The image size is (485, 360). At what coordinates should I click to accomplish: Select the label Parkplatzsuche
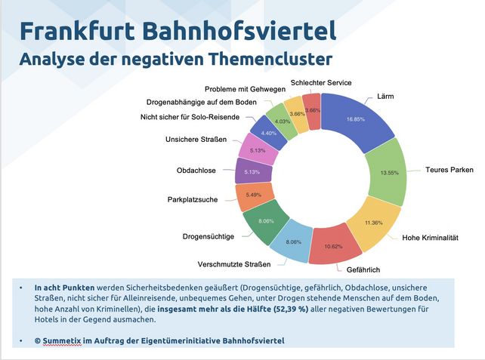point(193,200)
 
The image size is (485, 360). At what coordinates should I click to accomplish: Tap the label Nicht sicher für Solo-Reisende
point(190,116)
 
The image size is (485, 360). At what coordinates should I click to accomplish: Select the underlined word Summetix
point(63,343)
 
